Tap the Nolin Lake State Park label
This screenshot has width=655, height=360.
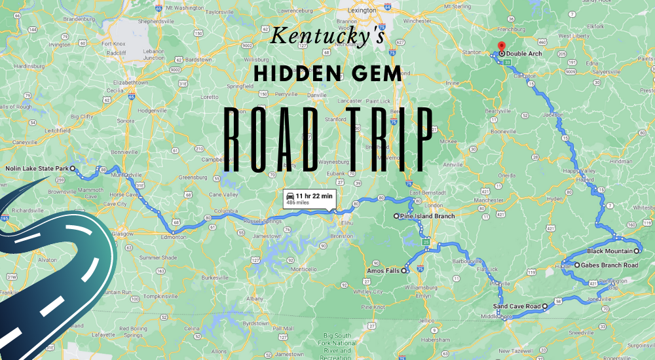(37, 169)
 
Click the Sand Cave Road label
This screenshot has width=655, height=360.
(516, 306)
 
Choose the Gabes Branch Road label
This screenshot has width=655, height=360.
(607, 265)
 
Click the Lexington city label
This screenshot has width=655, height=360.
(362, 11)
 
